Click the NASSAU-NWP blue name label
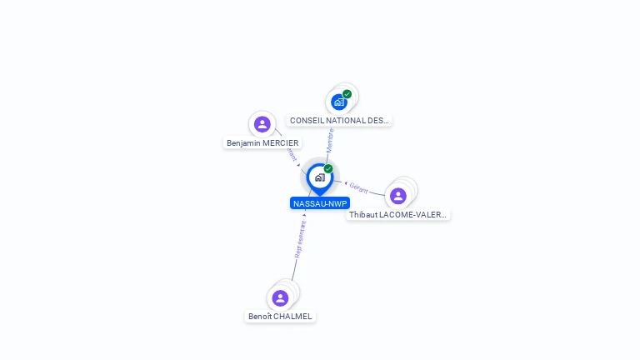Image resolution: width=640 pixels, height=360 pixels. tap(320, 203)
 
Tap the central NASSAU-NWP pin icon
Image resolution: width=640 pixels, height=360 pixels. tap(319, 177)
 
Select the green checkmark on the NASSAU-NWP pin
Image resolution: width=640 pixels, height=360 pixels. tap(328, 169)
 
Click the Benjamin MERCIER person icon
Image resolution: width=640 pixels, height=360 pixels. tap(262, 124)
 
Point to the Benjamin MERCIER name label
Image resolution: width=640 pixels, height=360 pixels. tap(262, 143)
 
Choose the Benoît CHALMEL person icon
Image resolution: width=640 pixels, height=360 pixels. tap(280, 297)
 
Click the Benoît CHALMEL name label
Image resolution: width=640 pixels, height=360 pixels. tap(280, 317)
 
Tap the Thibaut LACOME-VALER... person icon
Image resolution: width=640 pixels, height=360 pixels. tap(397, 196)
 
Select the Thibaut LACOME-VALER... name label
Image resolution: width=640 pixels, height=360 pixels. tap(398, 215)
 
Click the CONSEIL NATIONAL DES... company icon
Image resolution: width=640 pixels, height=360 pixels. tap(338, 102)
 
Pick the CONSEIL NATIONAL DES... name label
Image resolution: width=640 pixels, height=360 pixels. tap(339, 121)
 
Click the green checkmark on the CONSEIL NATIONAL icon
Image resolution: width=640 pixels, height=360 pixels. tap(347, 94)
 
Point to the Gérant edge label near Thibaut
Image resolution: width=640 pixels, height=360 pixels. tap(359, 188)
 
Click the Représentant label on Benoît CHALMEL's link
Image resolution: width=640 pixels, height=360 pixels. tap(300, 239)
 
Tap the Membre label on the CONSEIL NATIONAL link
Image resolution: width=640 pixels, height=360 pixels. tap(331, 139)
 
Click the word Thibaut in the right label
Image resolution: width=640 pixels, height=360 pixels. tap(362, 215)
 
